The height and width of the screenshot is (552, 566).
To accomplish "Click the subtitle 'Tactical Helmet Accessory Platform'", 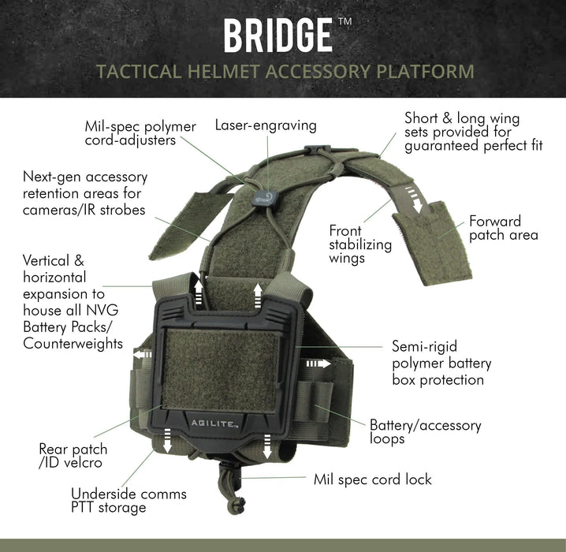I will pos(284,73).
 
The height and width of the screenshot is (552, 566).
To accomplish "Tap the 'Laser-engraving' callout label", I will pos(266,125).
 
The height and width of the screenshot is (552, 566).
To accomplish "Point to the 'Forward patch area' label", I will pos(504,228).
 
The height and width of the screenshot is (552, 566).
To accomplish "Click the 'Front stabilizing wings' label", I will pos(360,244).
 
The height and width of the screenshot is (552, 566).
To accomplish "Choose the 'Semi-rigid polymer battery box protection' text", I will pos(441,363).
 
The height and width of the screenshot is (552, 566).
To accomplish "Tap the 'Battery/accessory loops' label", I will pos(425,432).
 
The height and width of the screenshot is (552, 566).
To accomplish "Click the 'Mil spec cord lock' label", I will pos(372,479).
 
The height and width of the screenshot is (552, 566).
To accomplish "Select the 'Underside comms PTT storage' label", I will pos(128,501).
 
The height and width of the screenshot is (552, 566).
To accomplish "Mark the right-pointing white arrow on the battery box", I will pos(318,364).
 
